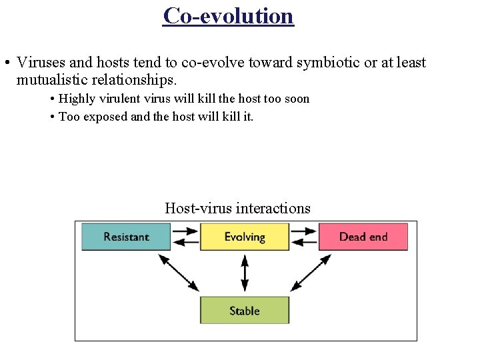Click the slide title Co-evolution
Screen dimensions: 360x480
click(x=228, y=15)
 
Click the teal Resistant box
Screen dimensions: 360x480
click(x=126, y=237)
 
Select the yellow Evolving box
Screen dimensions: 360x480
click(x=245, y=237)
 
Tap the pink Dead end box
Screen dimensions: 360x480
click(x=363, y=237)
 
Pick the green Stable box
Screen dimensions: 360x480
click(x=245, y=311)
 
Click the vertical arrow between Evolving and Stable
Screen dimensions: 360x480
click(x=245, y=273)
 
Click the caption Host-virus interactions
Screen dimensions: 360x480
click(x=237, y=208)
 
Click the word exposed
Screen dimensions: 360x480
click(x=106, y=117)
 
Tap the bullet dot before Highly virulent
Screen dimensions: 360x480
click(x=52, y=99)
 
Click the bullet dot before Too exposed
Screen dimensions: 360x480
click(x=52, y=117)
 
